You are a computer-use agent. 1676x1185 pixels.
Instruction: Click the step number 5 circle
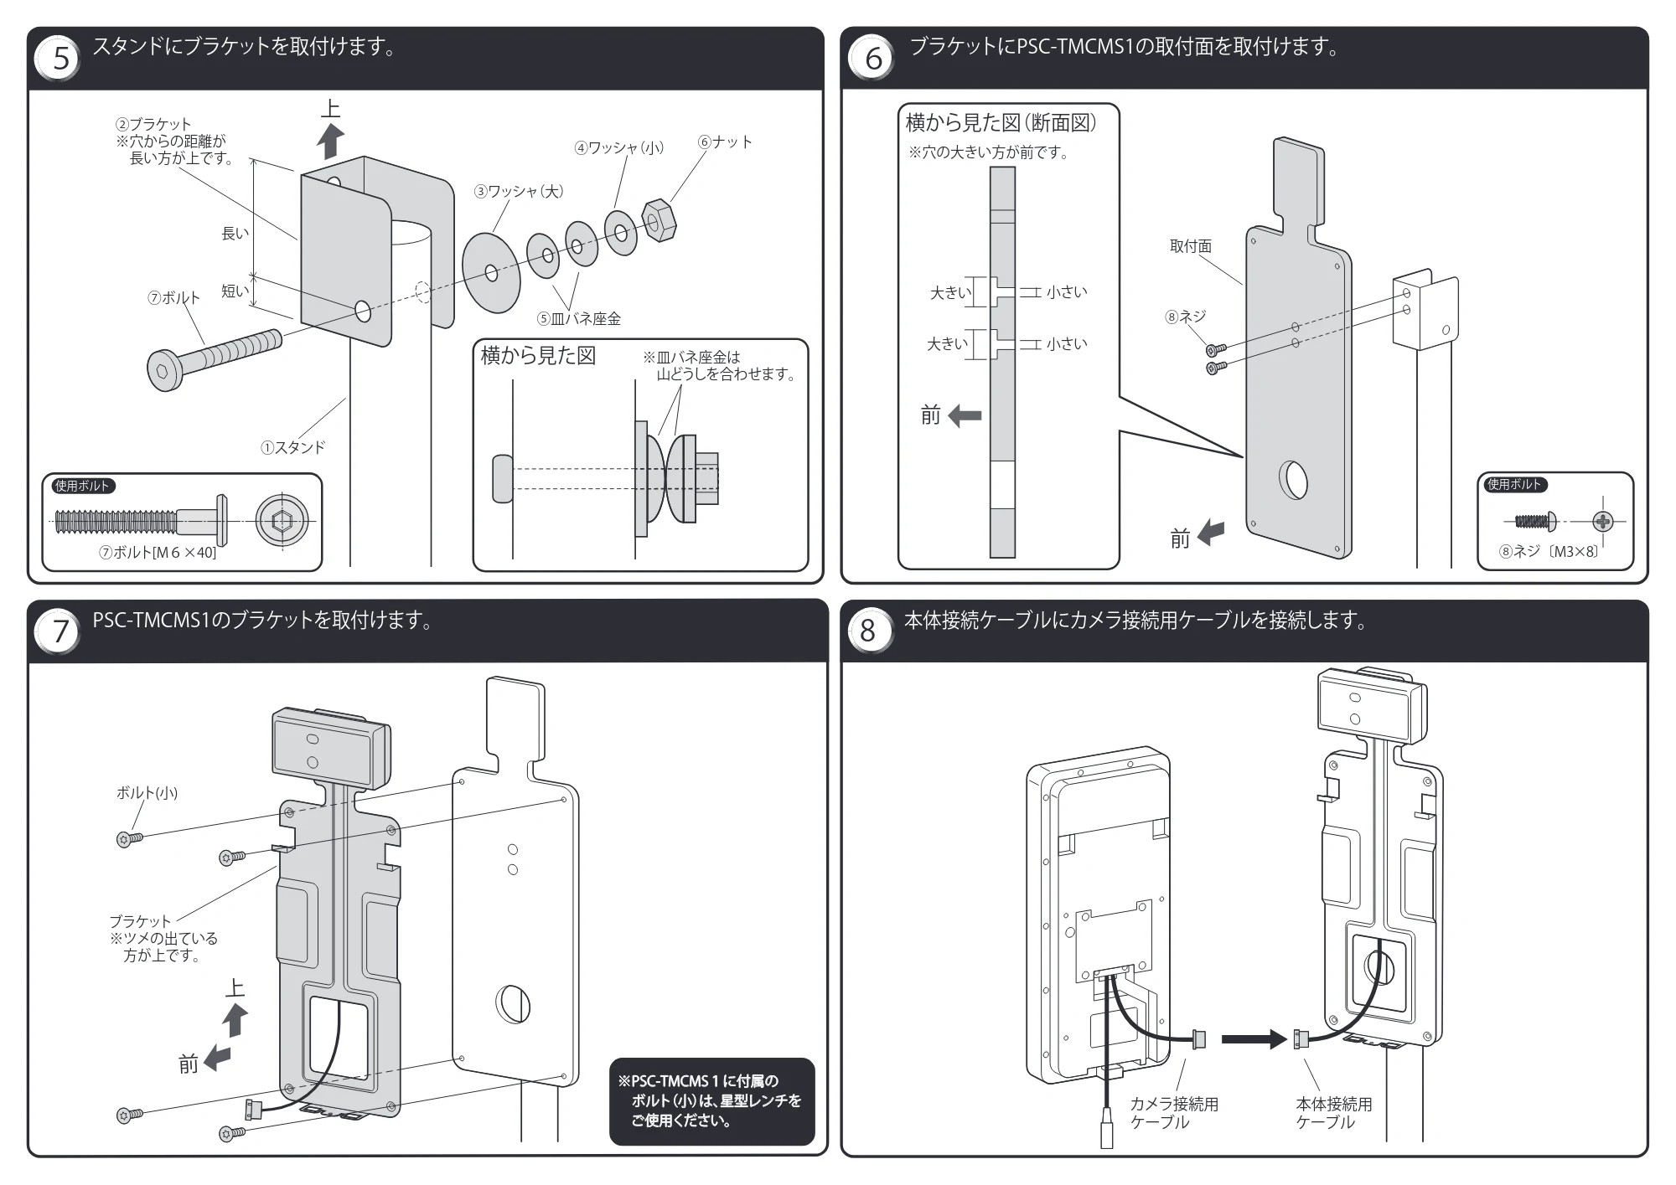point(59,59)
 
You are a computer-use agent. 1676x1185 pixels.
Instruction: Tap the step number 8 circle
point(868,631)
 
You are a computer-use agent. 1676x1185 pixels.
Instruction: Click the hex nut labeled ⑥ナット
point(659,219)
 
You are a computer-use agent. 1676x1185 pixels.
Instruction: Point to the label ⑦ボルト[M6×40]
point(158,553)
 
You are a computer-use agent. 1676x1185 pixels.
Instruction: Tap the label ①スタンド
point(292,447)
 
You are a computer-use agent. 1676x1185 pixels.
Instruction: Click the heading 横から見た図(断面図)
point(1001,123)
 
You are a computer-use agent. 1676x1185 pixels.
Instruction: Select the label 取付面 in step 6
point(1191,246)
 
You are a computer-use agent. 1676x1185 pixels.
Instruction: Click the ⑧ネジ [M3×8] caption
point(1549,552)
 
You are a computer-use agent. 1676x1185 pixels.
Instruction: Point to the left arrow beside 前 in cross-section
point(965,415)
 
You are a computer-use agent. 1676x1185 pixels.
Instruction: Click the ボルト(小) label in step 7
point(147,792)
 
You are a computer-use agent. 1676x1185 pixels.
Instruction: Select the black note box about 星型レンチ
point(711,1100)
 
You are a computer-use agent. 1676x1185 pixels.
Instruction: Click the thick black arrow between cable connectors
point(1254,1039)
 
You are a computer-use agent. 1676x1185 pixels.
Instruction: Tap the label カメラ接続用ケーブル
point(1174,1113)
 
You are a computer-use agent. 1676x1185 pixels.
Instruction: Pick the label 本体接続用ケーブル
point(1334,1113)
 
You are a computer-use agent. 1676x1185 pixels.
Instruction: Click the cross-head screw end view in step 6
point(1602,522)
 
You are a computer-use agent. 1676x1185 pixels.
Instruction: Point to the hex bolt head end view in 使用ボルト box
point(282,522)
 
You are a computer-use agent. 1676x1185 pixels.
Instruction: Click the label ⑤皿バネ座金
point(579,318)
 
